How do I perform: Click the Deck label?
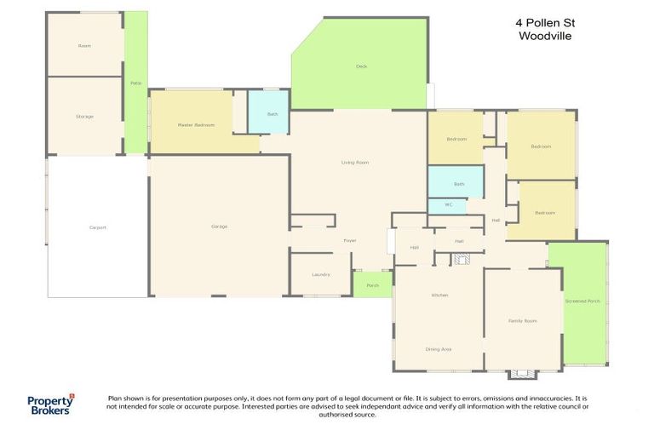pyautogui.click(x=360, y=66)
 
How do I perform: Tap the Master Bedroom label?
pyautogui.click(x=196, y=125)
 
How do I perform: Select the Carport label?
pyautogui.click(x=97, y=227)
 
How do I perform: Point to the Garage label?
pyautogui.click(x=219, y=227)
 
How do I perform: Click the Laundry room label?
pyautogui.click(x=320, y=274)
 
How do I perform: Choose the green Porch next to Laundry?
pyautogui.click(x=372, y=285)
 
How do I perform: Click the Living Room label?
pyautogui.click(x=354, y=162)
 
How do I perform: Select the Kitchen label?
pyautogui.click(x=439, y=295)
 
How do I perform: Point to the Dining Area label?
pyautogui.click(x=439, y=349)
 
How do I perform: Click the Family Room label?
pyautogui.click(x=522, y=320)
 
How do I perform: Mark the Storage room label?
pyautogui.click(x=84, y=116)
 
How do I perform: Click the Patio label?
pyautogui.click(x=135, y=83)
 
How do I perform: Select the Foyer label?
pyautogui.click(x=349, y=241)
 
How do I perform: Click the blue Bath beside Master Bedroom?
pyautogui.click(x=272, y=113)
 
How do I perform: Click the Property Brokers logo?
pyautogui.click(x=49, y=404)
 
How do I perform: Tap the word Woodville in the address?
pyautogui.click(x=545, y=37)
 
